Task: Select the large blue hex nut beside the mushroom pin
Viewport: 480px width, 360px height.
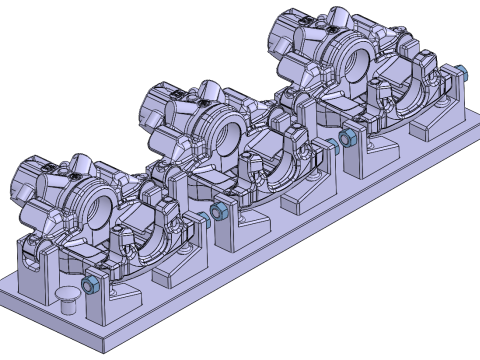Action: point(91,286)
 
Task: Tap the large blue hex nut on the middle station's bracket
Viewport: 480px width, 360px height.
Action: point(219,213)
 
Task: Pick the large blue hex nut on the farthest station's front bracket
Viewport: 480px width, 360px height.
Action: point(347,139)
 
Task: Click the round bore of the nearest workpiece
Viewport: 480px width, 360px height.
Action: point(101,211)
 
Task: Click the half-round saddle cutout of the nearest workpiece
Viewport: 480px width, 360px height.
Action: point(148,225)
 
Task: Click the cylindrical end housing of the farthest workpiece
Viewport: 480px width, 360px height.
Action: point(290,36)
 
